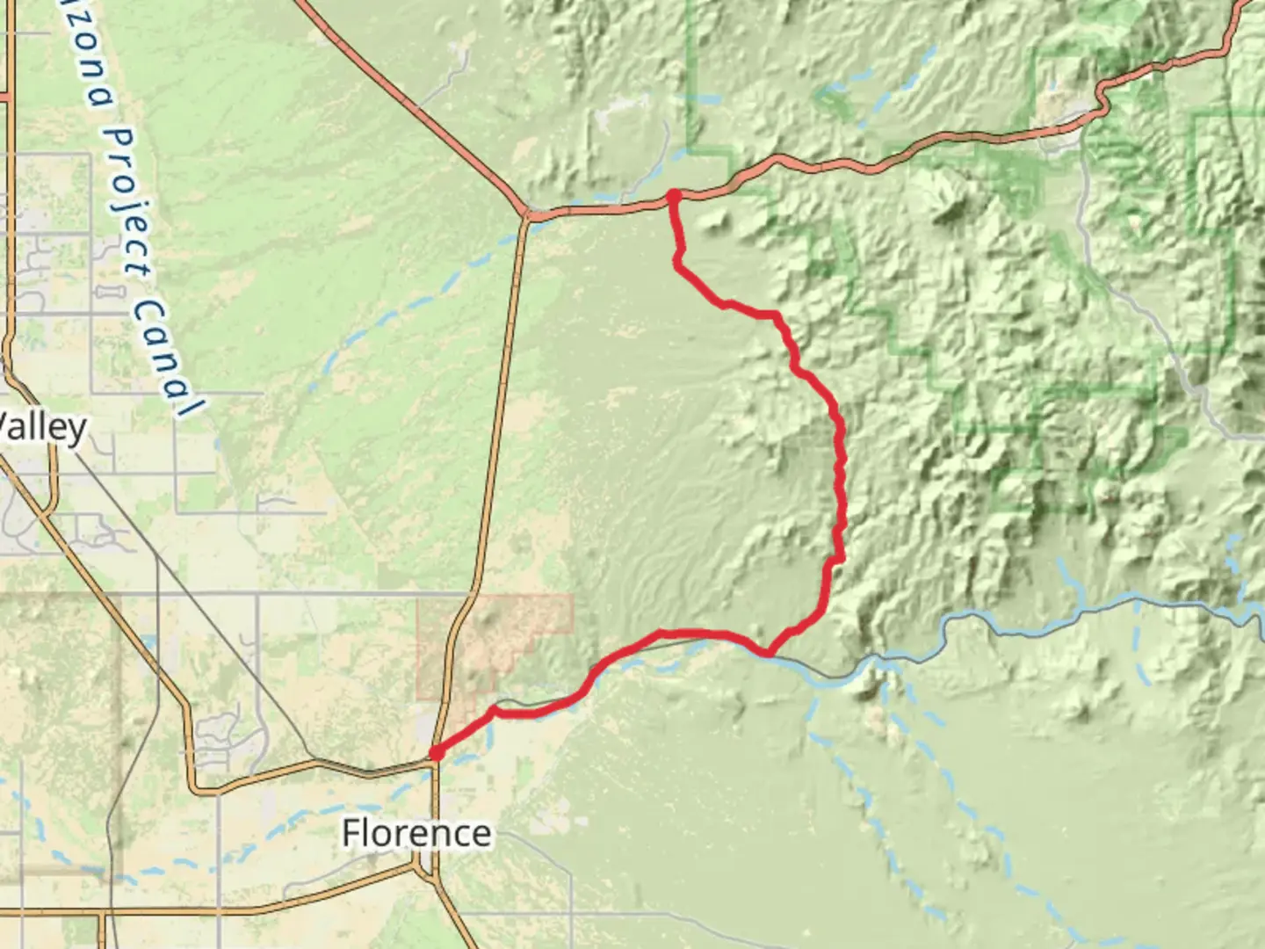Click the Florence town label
(416, 833)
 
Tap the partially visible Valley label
(42, 427)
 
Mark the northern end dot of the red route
(673, 196)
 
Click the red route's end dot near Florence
(436, 753)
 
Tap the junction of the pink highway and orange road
(526, 214)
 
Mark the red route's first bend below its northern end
(678, 257)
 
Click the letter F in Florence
(351, 833)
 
